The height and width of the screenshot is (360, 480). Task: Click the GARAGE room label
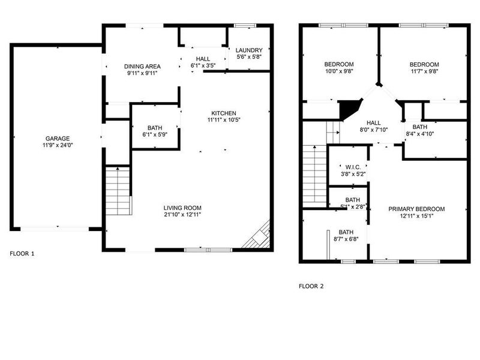point(58,139)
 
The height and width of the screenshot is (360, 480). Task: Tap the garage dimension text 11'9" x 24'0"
point(58,145)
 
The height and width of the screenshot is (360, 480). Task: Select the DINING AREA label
point(142,67)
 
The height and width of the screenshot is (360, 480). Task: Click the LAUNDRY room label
point(249,50)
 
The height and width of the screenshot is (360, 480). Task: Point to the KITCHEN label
point(224,113)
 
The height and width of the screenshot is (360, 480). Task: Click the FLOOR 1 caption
point(22,254)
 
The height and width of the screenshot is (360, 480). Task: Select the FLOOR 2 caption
point(311,286)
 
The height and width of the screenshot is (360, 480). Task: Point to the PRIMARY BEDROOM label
point(416,209)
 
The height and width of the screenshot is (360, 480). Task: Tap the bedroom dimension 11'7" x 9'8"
point(424,71)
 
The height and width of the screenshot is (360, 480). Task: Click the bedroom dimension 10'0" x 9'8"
point(339,71)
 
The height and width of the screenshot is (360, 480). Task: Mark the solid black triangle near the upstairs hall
point(348,109)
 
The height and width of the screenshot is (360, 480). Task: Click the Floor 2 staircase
point(313,174)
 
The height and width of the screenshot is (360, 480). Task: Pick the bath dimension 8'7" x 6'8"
point(346,239)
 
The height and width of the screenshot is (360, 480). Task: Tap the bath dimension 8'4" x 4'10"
point(420,134)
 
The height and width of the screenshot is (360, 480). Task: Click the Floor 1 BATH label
point(155,128)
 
